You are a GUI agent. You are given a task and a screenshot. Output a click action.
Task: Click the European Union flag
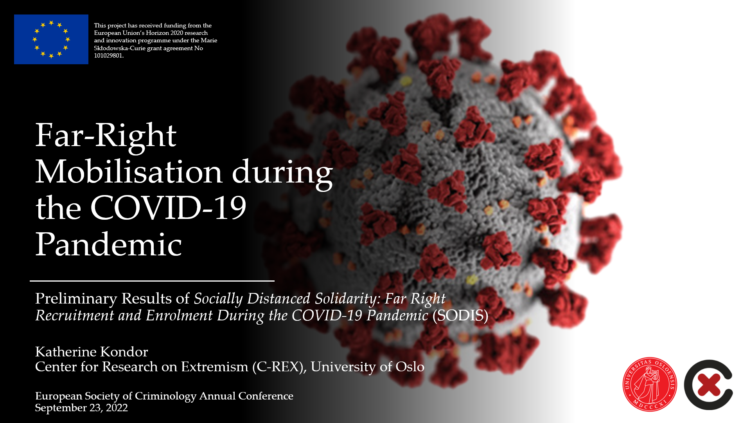[51, 39]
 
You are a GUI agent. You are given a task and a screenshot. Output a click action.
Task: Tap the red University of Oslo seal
[650, 384]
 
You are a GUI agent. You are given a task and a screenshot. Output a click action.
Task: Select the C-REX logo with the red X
[708, 385]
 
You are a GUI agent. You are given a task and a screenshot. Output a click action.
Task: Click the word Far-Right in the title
[106, 136]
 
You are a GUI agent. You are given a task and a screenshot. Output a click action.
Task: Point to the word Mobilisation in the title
[129, 172]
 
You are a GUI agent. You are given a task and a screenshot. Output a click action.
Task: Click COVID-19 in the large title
[168, 208]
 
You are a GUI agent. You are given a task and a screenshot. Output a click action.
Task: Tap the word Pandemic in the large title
[109, 244]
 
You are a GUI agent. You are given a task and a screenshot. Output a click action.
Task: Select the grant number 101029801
[108, 56]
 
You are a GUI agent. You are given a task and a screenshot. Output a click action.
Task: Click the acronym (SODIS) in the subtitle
[460, 316]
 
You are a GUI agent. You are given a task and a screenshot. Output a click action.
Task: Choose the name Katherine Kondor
[92, 352]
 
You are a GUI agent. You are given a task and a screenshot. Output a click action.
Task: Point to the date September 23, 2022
[81, 408]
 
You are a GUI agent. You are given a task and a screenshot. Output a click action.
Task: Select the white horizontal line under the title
[152, 281]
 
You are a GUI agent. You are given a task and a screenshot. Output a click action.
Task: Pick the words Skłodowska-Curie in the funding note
[120, 48]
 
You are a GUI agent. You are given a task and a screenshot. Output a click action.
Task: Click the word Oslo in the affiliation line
[410, 367]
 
